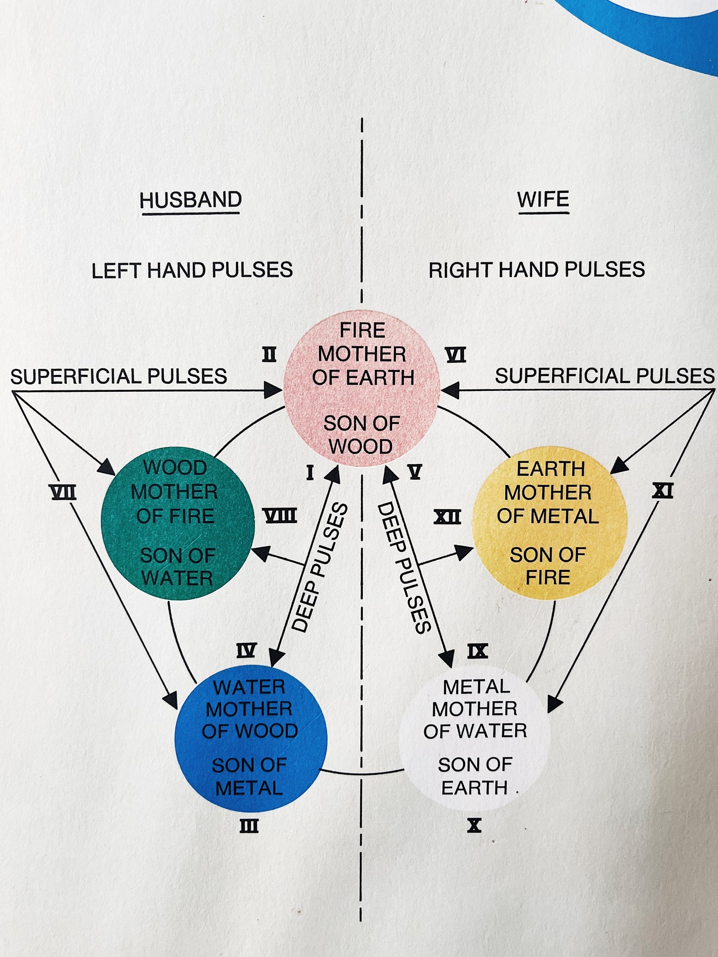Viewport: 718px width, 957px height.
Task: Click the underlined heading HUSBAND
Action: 191,200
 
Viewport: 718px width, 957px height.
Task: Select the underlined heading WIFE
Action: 543,200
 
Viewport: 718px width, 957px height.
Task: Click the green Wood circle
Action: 177,523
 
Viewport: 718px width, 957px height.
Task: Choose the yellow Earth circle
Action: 549,523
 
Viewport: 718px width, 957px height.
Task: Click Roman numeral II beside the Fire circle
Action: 269,355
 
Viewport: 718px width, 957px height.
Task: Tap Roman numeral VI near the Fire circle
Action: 456,355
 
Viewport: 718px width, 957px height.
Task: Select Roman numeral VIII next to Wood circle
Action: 280,516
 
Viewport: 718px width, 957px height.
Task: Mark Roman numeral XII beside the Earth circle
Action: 447,517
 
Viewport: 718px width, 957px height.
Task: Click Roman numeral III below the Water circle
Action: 249,826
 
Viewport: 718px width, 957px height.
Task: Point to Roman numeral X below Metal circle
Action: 474,825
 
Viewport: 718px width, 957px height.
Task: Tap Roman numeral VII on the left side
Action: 63,493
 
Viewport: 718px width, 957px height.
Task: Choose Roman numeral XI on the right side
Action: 662,491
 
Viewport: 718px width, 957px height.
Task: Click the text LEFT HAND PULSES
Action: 192,271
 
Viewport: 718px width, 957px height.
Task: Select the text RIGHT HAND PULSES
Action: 537,270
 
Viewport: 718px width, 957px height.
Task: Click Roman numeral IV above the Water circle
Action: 246,651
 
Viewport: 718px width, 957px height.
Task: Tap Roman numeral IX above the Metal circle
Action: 478,651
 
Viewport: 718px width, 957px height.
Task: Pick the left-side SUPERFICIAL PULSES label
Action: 119,376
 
